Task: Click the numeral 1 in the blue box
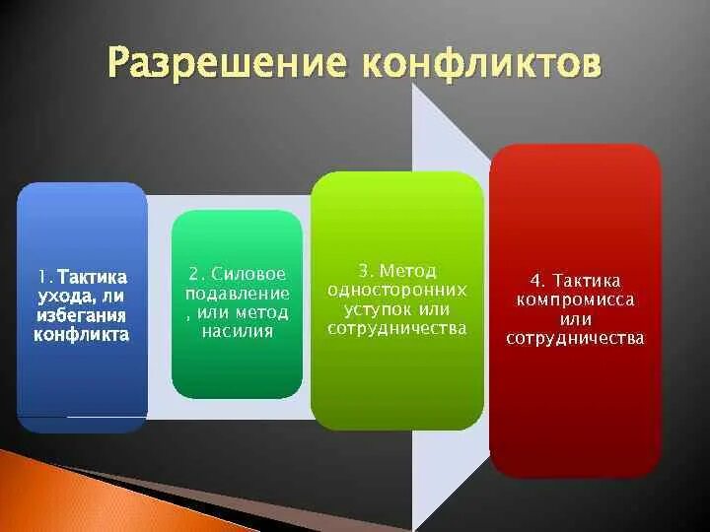pos(43,278)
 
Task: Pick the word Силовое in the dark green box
pos(250,274)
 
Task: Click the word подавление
pos(237,294)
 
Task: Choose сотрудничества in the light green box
pos(397,328)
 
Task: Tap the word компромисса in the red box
pos(575,299)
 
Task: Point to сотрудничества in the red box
pos(575,338)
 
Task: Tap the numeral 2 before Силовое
pos(196,274)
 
